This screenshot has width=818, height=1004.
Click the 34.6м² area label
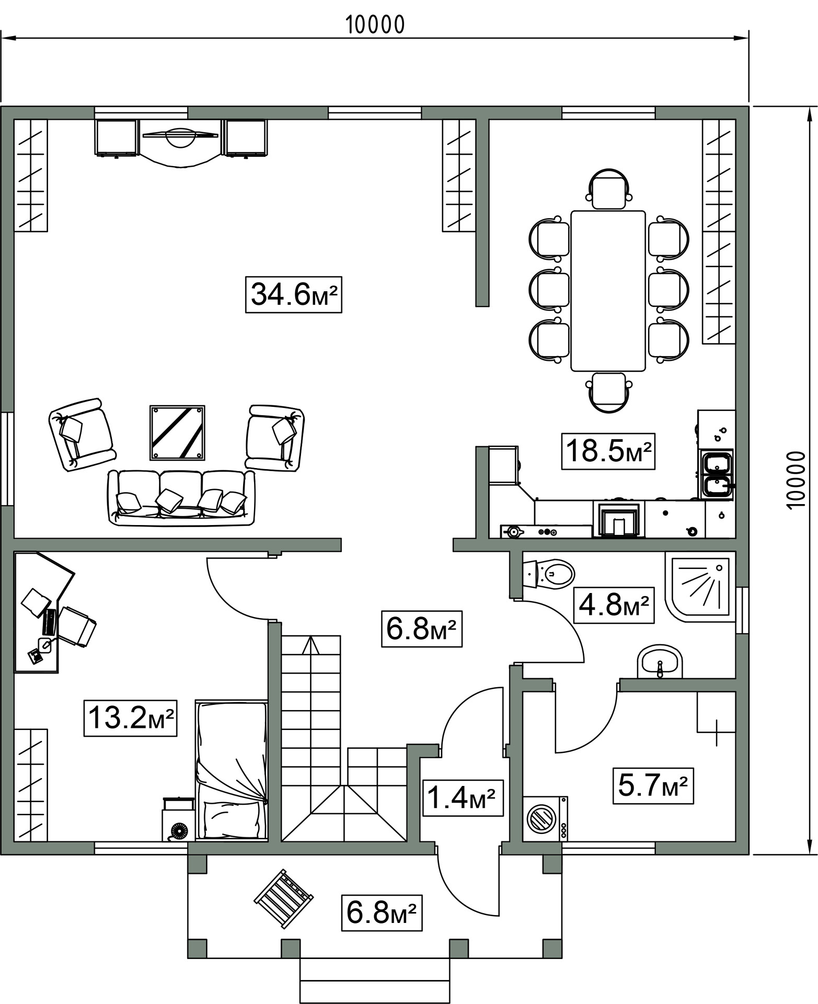[293, 295]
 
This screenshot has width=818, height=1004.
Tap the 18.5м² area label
[608, 451]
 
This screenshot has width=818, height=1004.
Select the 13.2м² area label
[130, 718]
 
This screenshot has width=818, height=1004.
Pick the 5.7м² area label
[653, 785]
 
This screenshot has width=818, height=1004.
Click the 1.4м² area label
[462, 798]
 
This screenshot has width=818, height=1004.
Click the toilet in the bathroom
[548, 574]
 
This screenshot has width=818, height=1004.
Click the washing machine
[545, 819]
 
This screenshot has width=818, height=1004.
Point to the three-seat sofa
[181, 497]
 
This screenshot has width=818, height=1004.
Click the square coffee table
[177, 432]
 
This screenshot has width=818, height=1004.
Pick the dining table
[608, 291]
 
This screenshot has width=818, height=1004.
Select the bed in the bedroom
[231, 770]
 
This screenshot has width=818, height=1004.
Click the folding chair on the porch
[284, 899]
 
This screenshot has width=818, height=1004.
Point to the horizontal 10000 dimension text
[375, 25]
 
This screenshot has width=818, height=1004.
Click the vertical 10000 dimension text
[794, 480]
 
